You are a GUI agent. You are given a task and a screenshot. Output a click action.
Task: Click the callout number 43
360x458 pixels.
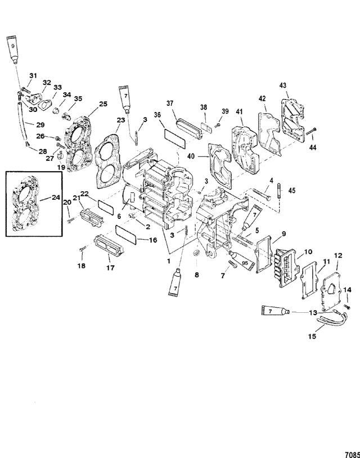[x=282, y=86]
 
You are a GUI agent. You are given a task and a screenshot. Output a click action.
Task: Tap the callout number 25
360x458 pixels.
[x=103, y=104]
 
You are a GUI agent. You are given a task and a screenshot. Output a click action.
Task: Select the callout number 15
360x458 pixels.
[x=312, y=336]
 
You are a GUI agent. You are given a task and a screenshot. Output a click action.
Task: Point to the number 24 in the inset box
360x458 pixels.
[x=56, y=197]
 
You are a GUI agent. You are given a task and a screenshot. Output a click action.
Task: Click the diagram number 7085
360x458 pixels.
[x=353, y=455]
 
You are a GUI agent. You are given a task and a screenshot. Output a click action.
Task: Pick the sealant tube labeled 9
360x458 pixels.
[x=12, y=48]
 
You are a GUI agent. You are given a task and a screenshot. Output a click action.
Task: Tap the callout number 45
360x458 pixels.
[x=292, y=190]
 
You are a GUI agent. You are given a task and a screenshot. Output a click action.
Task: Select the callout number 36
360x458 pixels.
[x=157, y=115]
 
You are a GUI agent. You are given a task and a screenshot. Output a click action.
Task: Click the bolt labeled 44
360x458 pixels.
[x=311, y=131]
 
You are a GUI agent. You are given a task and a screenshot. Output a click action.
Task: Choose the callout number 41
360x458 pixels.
[x=240, y=111]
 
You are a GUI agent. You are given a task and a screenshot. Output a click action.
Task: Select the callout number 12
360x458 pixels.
[x=338, y=255]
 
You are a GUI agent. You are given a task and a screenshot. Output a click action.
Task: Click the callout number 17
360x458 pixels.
[x=110, y=268]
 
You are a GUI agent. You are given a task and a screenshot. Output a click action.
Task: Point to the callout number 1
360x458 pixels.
[x=168, y=261]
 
